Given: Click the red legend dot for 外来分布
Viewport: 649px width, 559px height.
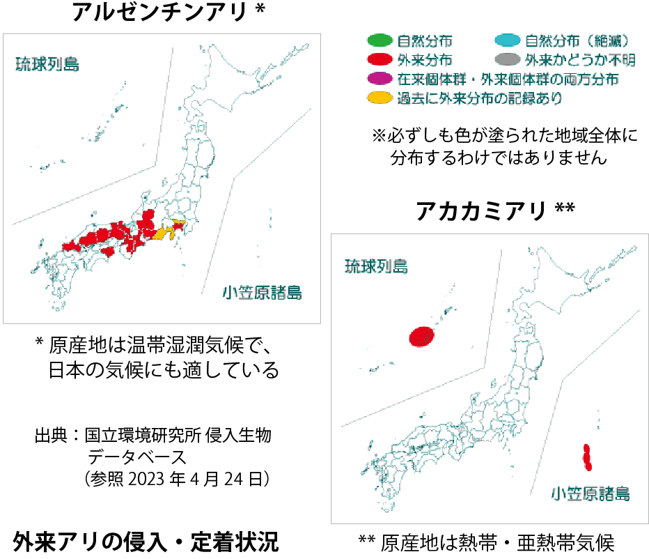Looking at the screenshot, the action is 380,60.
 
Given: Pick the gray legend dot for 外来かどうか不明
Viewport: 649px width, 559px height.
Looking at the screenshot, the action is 507,60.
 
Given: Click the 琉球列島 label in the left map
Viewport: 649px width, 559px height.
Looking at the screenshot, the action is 47,66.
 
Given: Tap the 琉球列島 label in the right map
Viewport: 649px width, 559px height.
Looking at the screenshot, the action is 377,267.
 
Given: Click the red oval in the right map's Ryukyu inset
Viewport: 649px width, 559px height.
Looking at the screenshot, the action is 422,337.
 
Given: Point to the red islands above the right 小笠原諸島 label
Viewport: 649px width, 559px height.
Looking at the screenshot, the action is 587,457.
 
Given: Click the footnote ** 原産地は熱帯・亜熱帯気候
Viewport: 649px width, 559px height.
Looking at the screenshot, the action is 487,542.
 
